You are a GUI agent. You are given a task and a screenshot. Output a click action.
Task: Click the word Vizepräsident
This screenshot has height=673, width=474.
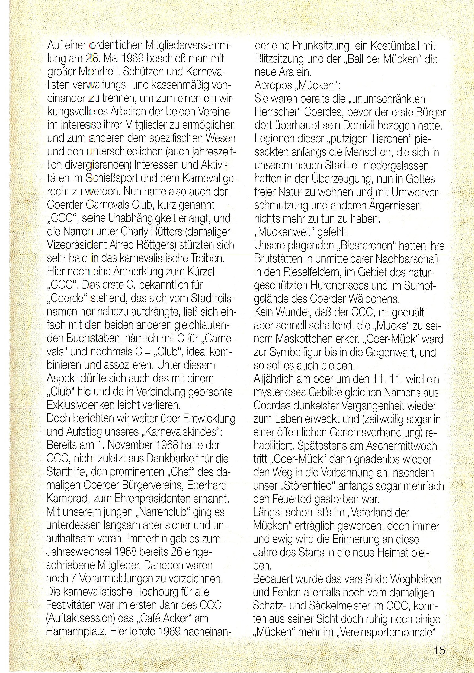tap(76, 245)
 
